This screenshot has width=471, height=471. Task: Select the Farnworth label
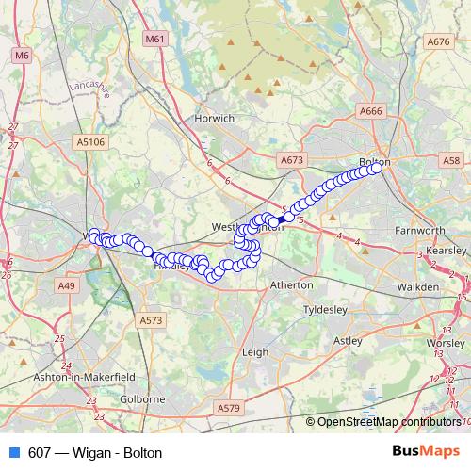[x=419, y=231]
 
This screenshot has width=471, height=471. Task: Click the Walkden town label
[x=417, y=285]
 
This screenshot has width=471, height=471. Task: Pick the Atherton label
[x=291, y=284]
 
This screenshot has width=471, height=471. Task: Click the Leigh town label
[x=255, y=351]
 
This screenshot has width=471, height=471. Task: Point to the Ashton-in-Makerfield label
[x=74, y=375]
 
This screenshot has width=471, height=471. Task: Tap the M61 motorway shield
[x=155, y=40]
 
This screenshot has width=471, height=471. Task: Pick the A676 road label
[x=438, y=41]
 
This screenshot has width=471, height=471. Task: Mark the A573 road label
[x=151, y=321]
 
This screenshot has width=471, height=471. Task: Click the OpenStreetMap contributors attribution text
[x=388, y=422]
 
